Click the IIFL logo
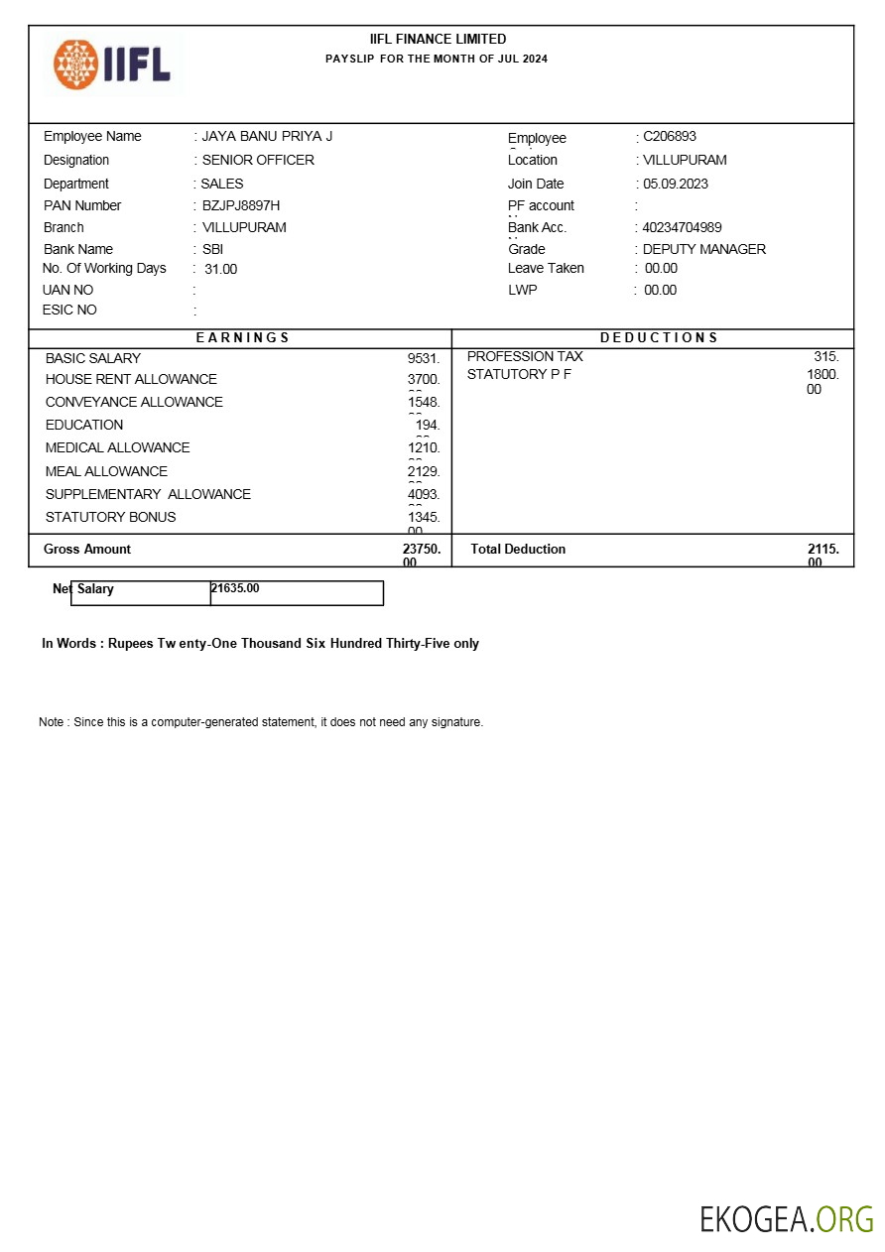click(x=112, y=64)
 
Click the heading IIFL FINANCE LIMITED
click(x=438, y=40)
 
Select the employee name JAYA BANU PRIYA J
click(x=267, y=137)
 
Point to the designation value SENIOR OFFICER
click(x=258, y=161)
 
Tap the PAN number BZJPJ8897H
click(x=241, y=206)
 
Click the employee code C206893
click(x=670, y=137)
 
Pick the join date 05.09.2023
click(x=676, y=185)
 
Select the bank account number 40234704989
click(x=683, y=228)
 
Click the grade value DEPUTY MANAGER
click(x=704, y=250)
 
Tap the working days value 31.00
click(x=221, y=270)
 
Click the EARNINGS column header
click(x=242, y=338)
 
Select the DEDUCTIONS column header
click(x=659, y=338)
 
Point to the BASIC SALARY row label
click(x=93, y=359)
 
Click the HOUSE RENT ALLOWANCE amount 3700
click(x=424, y=380)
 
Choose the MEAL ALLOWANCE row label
click(x=106, y=472)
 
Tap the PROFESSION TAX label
click(x=525, y=357)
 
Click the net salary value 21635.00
click(x=235, y=589)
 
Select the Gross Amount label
click(x=87, y=550)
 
